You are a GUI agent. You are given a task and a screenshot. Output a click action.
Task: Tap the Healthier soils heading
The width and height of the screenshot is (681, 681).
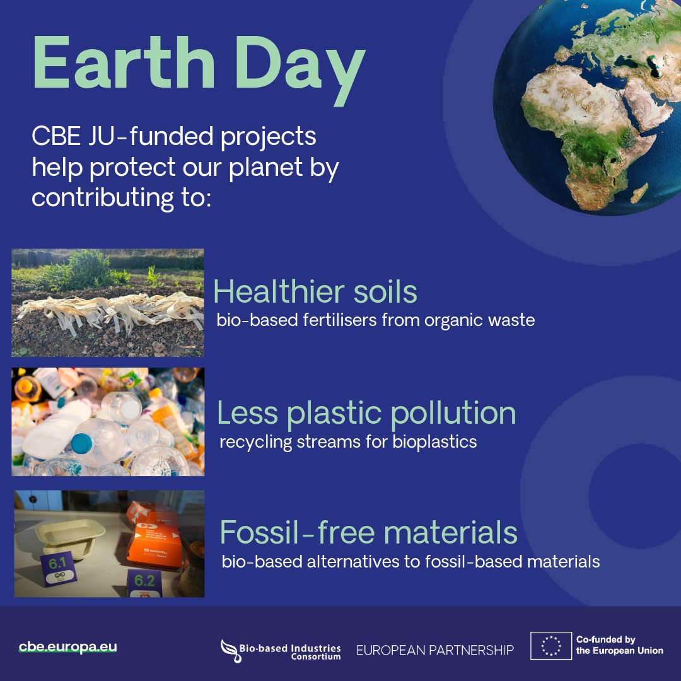click(x=315, y=292)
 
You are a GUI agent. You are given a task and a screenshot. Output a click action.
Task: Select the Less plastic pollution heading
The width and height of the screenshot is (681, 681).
click(x=366, y=413)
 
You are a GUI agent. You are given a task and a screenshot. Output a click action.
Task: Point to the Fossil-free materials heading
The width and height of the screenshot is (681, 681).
click(x=368, y=532)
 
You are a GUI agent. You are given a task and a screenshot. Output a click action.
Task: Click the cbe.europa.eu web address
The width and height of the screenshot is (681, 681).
click(x=68, y=647)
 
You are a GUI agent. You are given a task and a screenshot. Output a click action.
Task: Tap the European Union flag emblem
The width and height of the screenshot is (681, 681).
click(x=551, y=646)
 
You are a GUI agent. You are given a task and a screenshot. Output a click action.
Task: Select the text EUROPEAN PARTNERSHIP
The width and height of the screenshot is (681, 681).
click(x=435, y=650)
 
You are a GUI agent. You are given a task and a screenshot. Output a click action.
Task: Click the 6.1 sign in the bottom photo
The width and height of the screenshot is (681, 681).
click(x=58, y=561)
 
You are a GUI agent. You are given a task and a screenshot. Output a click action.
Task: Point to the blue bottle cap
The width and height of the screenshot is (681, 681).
click(x=81, y=443)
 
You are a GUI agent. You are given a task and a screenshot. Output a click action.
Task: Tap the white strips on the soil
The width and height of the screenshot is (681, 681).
click(x=107, y=310)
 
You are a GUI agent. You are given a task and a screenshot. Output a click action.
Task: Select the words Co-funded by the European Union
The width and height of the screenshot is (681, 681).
click(x=619, y=645)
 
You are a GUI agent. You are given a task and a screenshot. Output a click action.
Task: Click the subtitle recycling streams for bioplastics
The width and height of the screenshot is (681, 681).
click(x=348, y=441)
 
